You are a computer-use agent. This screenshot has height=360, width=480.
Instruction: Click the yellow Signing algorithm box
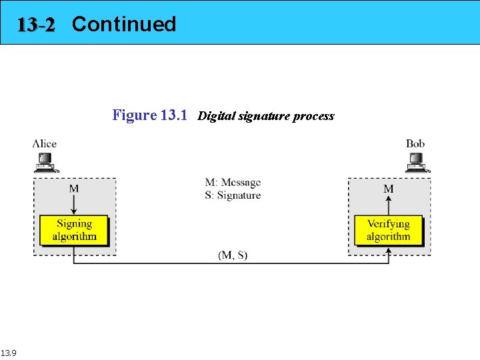[x=73, y=230]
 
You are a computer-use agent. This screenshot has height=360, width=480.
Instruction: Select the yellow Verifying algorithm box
[x=388, y=230]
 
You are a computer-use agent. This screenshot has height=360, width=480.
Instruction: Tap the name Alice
[x=45, y=143]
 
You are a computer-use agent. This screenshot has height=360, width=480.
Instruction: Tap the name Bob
[x=415, y=143]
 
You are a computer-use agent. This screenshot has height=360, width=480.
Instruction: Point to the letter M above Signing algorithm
[x=73, y=189]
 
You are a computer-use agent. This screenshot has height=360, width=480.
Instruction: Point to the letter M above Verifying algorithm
[x=388, y=189]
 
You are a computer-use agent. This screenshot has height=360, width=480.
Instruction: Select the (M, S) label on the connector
[x=233, y=255]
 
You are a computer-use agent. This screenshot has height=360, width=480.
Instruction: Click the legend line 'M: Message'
[x=233, y=183]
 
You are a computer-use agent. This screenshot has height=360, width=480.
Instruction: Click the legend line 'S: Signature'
[x=233, y=195]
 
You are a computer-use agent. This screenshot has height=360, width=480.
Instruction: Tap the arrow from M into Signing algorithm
[x=73, y=204]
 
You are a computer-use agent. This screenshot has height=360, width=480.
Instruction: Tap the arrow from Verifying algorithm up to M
[x=388, y=205]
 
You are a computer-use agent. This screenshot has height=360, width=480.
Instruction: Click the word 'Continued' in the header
[x=124, y=24]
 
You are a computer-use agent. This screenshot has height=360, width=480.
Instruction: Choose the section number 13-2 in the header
[x=37, y=25]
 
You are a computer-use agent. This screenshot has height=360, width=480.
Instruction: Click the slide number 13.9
[x=9, y=353]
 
